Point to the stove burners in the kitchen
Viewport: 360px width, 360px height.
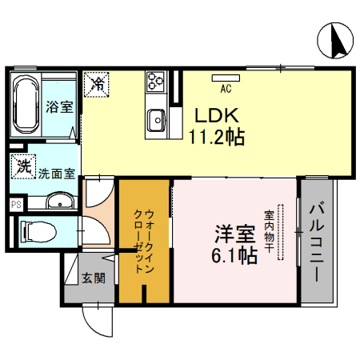(154, 82)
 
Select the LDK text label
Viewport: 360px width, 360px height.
(211, 114)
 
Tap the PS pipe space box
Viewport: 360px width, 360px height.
(15, 204)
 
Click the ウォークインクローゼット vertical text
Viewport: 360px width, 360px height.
(144, 241)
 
